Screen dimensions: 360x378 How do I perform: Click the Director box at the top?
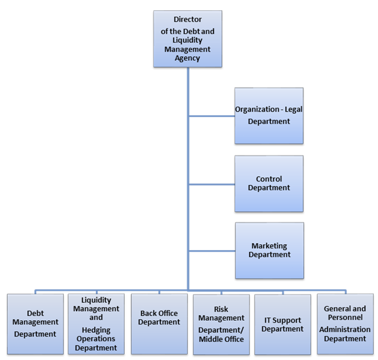click(187, 39)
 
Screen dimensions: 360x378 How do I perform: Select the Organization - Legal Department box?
click(268, 116)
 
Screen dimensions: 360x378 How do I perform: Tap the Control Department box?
click(268, 183)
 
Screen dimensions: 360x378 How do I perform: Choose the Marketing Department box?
click(269, 250)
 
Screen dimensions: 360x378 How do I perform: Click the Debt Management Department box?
click(35, 324)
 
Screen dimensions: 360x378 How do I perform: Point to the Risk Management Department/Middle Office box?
click(221, 324)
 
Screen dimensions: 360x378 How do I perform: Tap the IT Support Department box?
click(282, 324)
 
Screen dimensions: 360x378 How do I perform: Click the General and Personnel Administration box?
click(345, 324)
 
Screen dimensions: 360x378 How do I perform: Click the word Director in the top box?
click(187, 19)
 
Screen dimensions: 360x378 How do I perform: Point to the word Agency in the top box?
click(187, 58)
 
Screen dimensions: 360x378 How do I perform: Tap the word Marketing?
click(269, 246)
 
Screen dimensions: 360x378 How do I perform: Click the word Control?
click(269, 179)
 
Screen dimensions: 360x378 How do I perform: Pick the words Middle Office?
click(221, 339)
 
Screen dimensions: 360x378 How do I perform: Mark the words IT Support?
click(282, 320)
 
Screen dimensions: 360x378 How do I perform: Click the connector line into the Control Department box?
click(211, 184)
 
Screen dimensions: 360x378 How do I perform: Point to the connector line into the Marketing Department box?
click(211, 251)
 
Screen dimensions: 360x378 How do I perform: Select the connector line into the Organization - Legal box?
click(211, 116)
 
